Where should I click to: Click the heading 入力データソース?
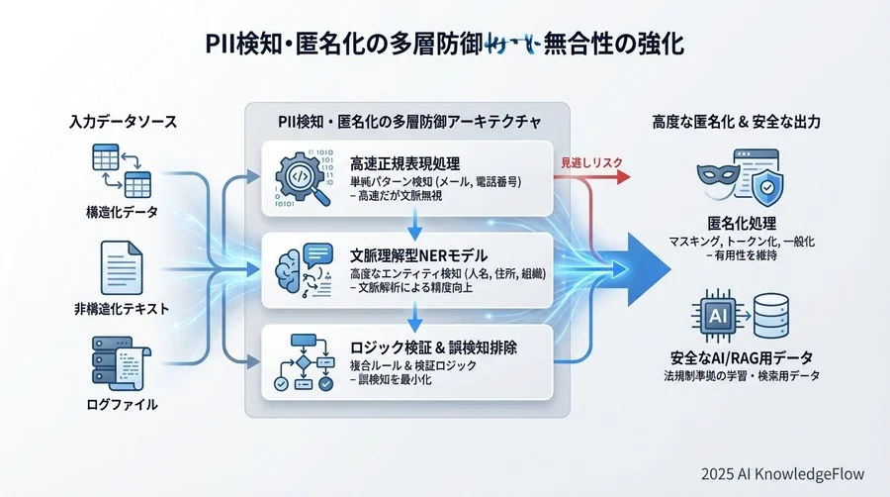tap(123, 122)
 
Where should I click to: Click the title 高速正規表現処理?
tap(406, 162)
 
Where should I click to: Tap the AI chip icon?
tap(723, 313)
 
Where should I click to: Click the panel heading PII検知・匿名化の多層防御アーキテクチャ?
tap(405, 122)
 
